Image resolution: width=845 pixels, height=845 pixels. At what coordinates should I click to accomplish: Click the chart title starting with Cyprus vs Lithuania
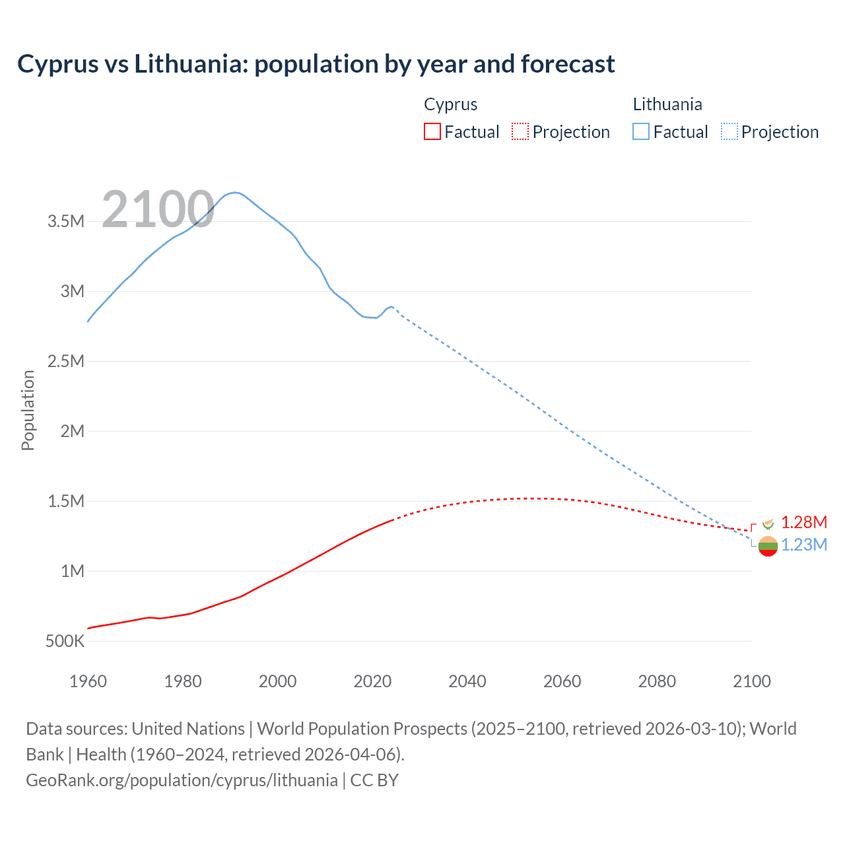316,64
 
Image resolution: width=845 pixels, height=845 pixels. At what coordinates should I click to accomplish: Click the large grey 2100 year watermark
158,210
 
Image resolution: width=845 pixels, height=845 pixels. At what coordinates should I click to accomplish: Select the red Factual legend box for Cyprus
432,131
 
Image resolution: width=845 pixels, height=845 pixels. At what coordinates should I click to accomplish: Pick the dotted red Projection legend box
520,131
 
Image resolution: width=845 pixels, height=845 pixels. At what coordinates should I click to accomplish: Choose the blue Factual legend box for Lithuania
641,131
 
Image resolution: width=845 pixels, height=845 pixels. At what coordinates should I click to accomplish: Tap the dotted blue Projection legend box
729,131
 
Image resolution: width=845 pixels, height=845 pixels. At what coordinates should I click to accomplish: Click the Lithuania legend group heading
667,104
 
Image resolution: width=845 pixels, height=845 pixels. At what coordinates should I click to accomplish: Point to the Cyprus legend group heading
450,104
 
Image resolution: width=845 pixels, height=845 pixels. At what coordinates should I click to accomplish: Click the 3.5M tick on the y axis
66,221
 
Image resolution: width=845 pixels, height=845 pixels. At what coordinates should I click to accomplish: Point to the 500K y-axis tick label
65,641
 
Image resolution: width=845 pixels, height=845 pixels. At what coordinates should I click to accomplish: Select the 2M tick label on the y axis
72,431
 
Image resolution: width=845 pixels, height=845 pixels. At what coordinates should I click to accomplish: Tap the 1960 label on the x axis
88,681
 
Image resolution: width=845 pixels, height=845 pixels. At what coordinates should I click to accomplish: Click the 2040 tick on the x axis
467,681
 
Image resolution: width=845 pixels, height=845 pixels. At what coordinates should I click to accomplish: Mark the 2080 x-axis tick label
657,681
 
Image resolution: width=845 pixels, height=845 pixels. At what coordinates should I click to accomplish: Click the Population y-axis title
28,410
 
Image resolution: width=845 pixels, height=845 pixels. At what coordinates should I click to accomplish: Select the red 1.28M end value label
803,522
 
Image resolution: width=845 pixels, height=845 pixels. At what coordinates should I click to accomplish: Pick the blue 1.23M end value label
803,545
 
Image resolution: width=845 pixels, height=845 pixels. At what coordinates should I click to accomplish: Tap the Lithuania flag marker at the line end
768,546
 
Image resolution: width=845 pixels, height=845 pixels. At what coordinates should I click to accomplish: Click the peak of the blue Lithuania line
234,193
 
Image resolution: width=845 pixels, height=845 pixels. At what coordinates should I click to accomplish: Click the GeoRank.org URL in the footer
182,780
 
